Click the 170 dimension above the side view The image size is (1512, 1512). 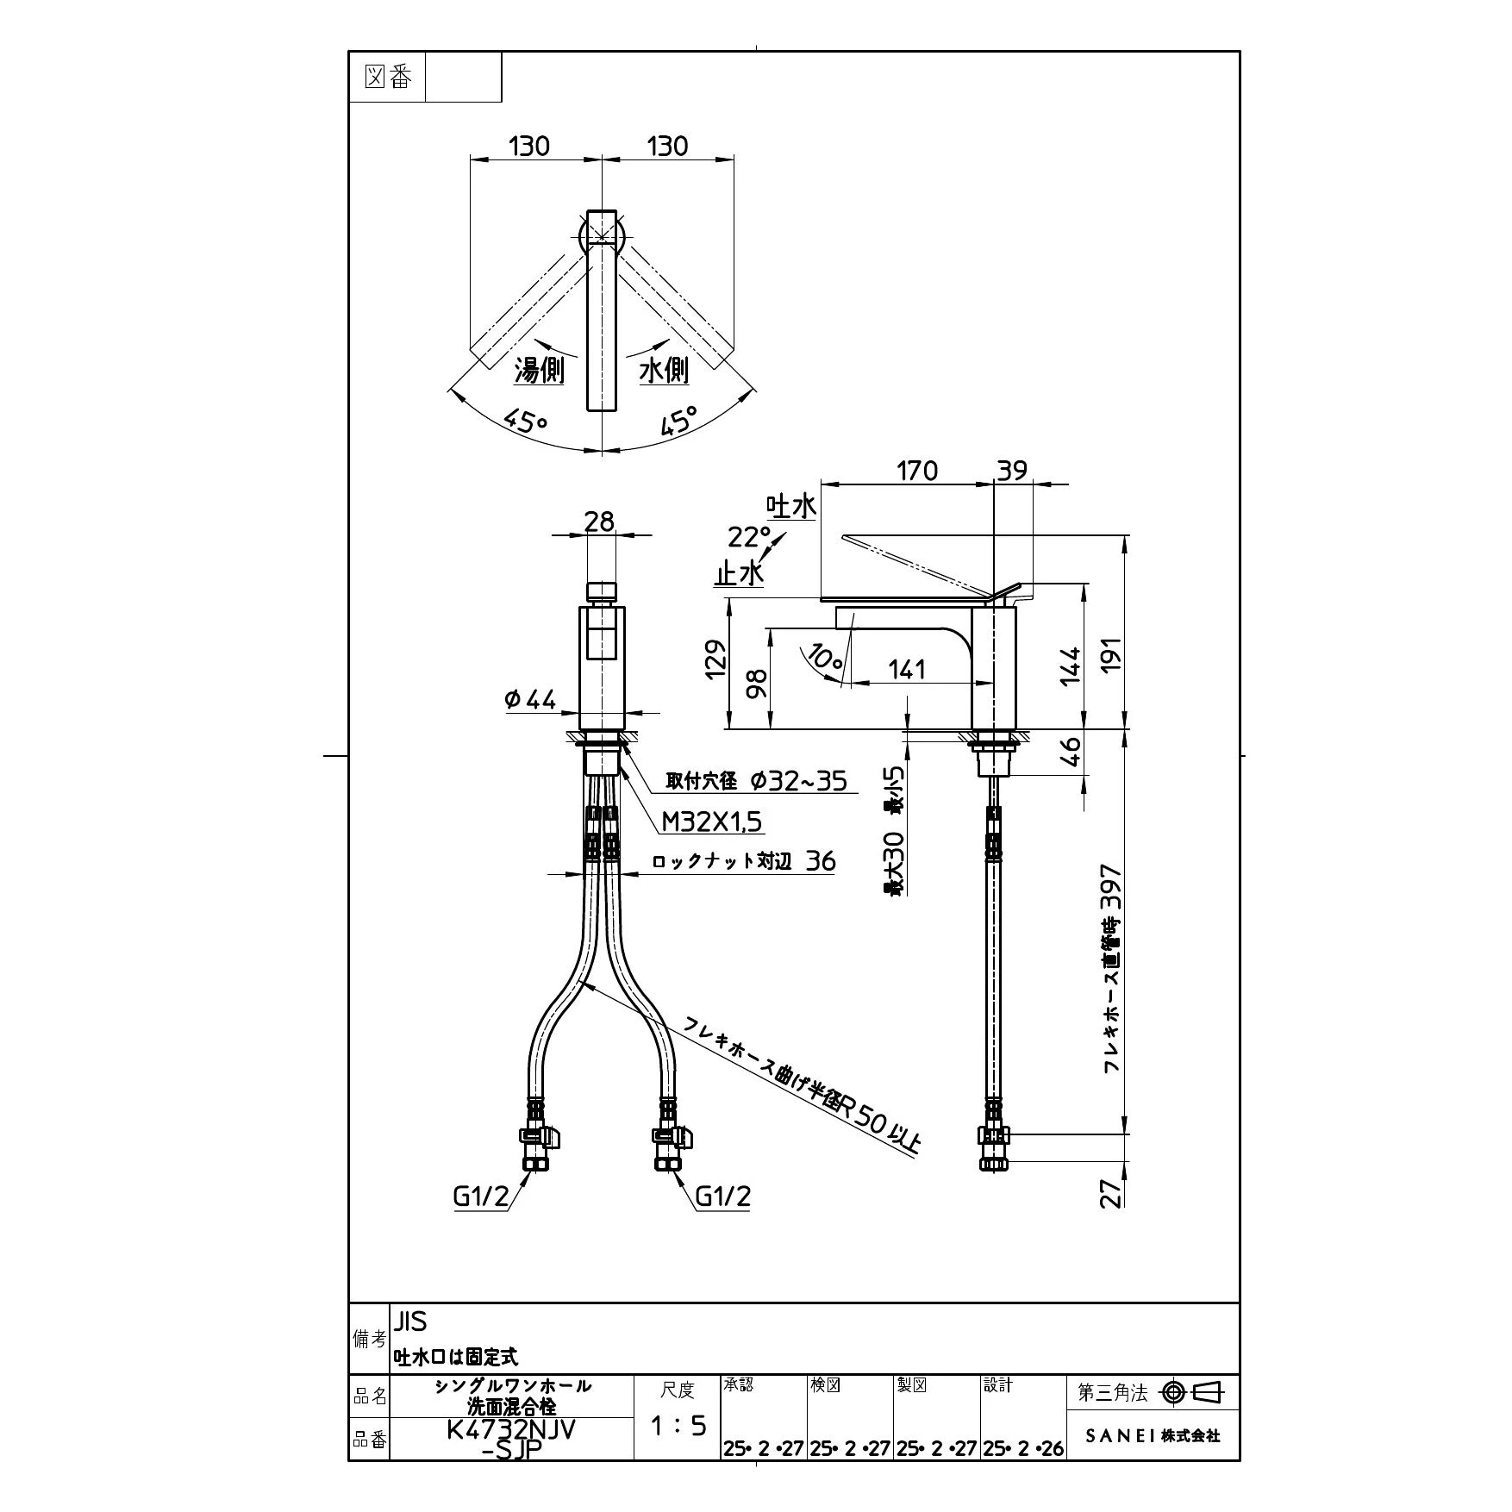click(x=916, y=471)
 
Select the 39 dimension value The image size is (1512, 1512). click(x=1013, y=471)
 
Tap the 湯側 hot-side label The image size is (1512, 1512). click(x=539, y=371)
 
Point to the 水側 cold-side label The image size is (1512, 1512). click(x=664, y=371)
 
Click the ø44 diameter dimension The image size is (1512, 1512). click(x=530, y=700)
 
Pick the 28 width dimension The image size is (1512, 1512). click(x=599, y=522)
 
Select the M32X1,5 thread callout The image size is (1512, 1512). click(x=712, y=822)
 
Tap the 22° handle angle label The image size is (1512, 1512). click(x=749, y=537)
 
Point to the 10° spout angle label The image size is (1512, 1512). click(x=825, y=659)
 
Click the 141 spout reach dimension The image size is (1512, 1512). click(x=906, y=669)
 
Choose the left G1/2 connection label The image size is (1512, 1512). click(x=481, y=1196)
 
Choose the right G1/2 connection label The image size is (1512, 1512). click(x=723, y=1196)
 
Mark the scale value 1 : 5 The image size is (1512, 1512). click(x=678, y=1426)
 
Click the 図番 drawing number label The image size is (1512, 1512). click(x=388, y=78)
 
